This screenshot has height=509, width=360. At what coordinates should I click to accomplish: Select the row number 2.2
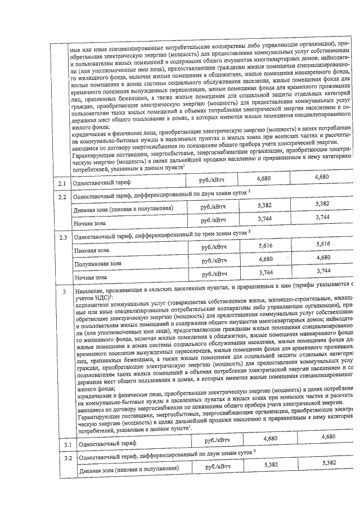[63, 197]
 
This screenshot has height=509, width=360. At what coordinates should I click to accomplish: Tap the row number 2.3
[63, 237]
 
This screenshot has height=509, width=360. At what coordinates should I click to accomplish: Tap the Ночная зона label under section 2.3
[91, 277]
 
